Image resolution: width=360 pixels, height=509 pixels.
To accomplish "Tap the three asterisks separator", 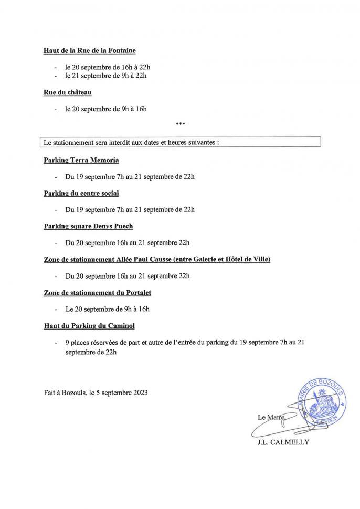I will coord(180,124).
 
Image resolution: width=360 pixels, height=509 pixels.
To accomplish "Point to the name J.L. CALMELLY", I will coord(283,442).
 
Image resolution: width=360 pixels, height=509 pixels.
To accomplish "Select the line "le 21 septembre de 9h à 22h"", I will coord(105,76).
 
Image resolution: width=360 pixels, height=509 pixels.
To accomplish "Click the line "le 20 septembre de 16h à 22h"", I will coord(108,68).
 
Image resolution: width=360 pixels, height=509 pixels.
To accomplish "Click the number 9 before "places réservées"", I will coord(67,343).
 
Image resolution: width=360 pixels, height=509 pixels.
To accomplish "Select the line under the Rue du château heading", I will coord(105,110).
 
